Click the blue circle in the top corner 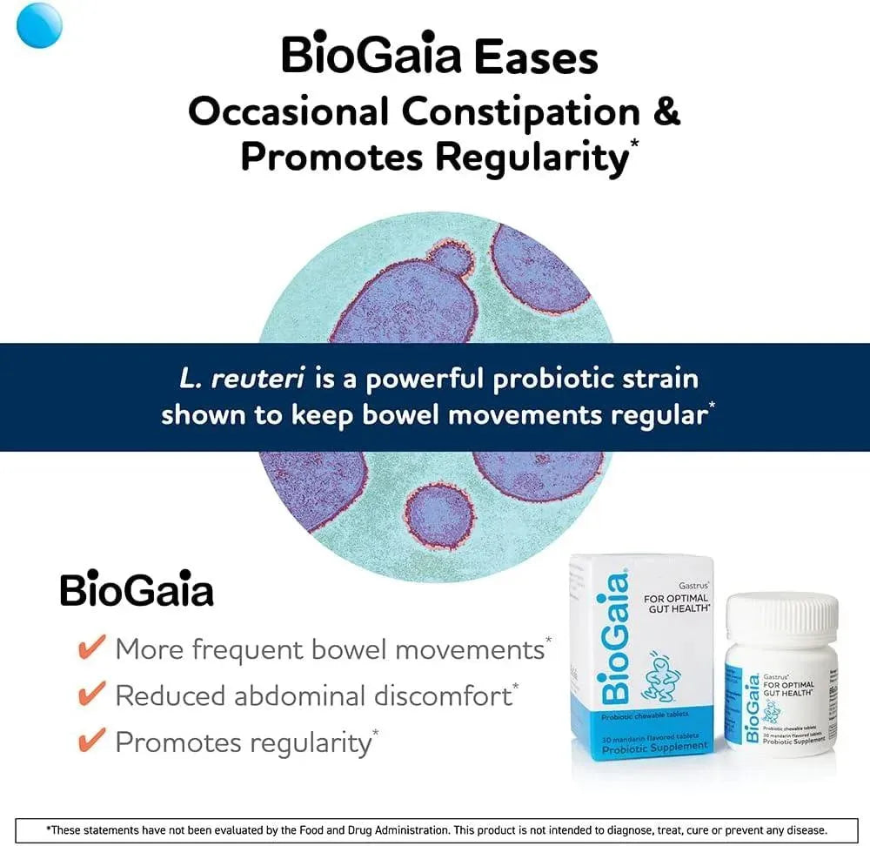pos(39,25)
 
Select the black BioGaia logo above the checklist pos(137,591)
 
